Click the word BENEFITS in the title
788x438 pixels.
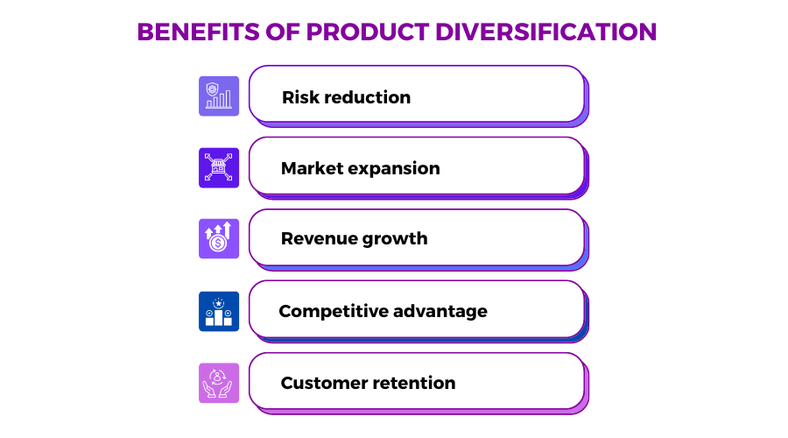(x=199, y=32)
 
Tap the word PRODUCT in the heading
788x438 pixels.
(x=368, y=32)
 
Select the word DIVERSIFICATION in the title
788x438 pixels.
(x=545, y=32)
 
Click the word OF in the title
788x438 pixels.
(x=283, y=32)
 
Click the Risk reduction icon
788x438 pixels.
(x=219, y=96)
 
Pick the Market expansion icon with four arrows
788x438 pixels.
(x=219, y=167)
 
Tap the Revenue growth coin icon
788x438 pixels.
(x=219, y=238)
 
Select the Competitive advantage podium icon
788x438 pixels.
(x=219, y=311)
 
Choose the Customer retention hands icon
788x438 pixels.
(x=219, y=383)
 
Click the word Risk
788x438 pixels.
(x=300, y=97)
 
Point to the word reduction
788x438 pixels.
(x=368, y=97)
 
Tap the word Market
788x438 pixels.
(x=313, y=168)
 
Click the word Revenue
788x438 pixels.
(x=319, y=238)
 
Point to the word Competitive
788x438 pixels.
(x=334, y=311)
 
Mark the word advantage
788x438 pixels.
(x=440, y=312)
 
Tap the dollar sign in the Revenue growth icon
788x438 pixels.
(x=218, y=244)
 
